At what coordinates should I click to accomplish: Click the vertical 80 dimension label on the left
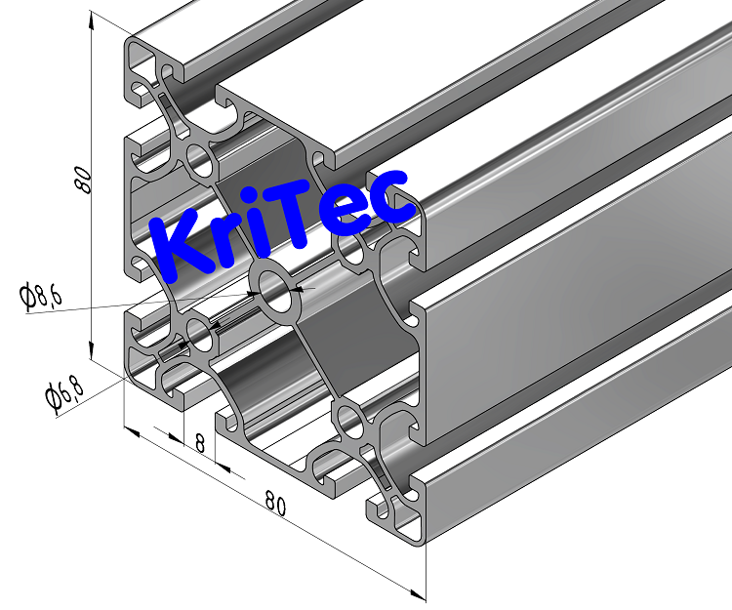pyautogui.click(x=83, y=179)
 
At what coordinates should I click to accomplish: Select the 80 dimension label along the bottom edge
pyautogui.click(x=275, y=506)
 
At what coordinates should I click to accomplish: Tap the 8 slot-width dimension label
pyautogui.click(x=200, y=443)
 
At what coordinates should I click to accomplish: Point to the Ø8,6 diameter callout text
pyautogui.click(x=41, y=294)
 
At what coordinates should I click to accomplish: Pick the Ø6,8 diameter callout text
pyautogui.click(x=63, y=391)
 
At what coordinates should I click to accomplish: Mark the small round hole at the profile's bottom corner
pyautogui.click(x=349, y=423)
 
